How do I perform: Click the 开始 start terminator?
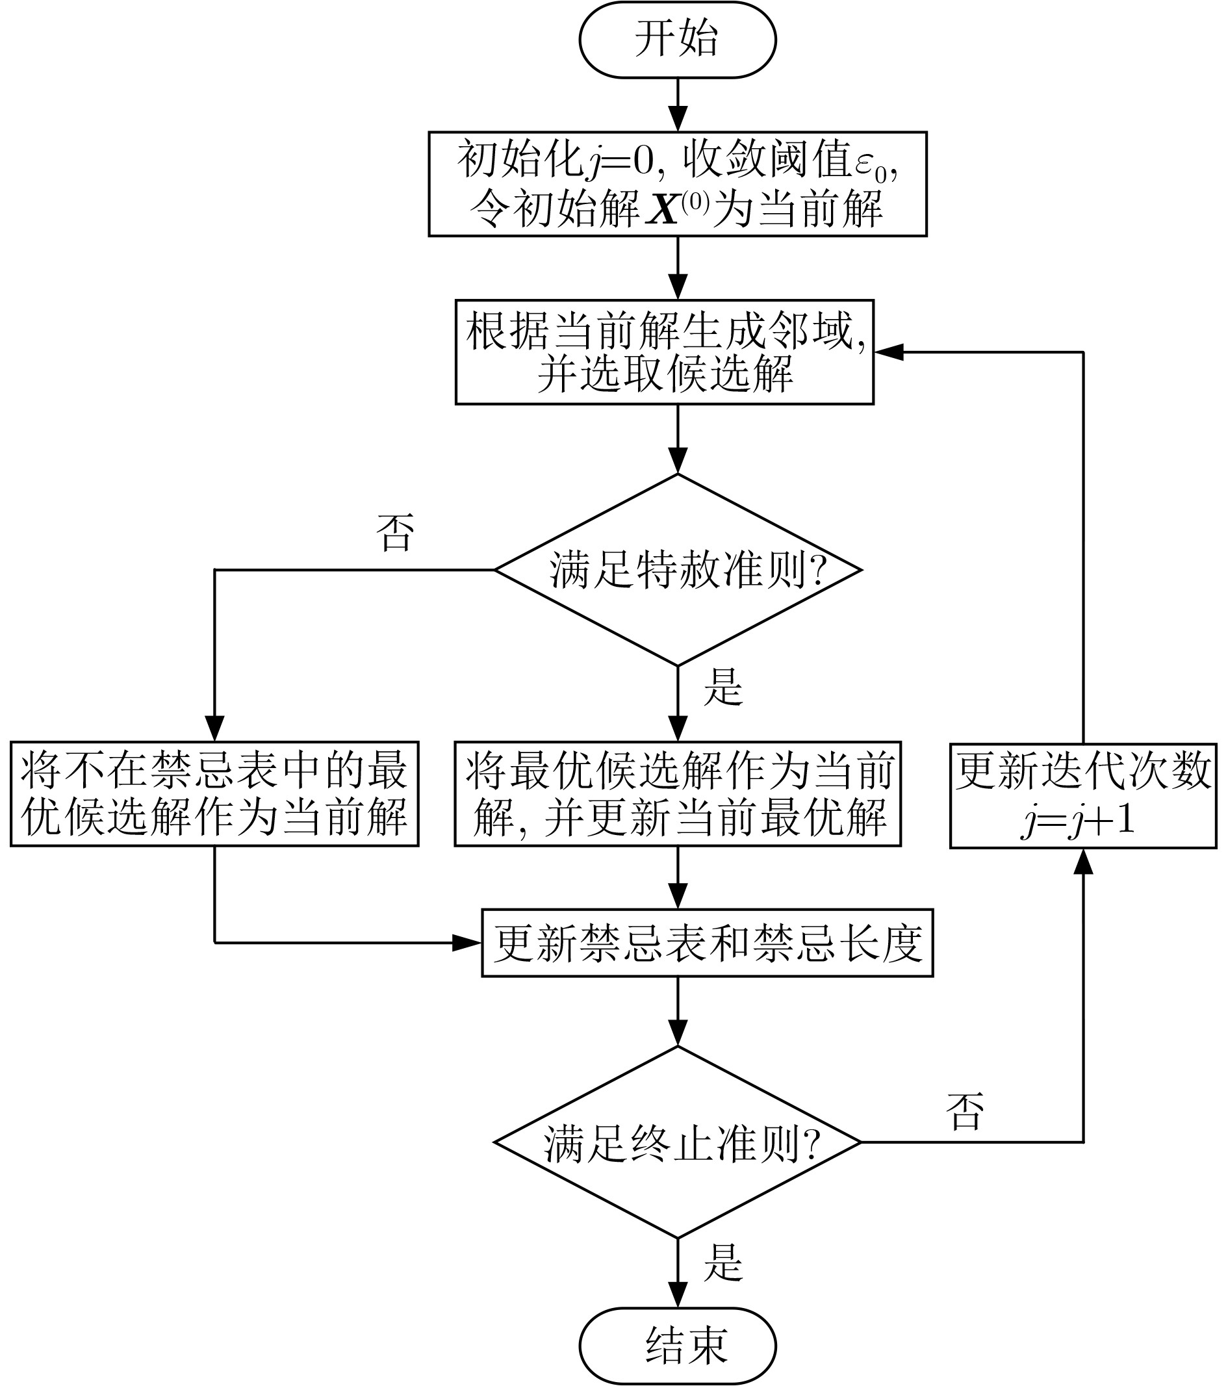678,40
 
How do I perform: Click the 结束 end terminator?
678,1346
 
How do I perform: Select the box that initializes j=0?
678,184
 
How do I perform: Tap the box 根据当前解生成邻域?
665,352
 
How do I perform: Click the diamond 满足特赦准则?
678,570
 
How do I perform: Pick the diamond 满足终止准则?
678,1142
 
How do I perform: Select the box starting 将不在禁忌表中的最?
214,793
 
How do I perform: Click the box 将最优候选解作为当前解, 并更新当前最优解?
678,793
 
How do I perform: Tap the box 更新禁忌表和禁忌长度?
707,943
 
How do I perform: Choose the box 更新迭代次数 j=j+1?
1083,794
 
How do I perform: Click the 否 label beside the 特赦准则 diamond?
394,532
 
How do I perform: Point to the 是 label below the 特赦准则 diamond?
724,686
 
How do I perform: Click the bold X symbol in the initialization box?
663,209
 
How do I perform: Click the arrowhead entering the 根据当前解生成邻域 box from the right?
888,352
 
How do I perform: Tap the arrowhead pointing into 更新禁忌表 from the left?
467,943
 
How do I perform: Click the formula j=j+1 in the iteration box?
1078,822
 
